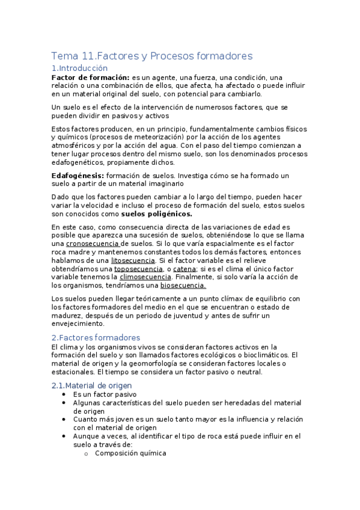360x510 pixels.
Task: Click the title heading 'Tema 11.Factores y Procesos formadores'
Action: click(x=152, y=56)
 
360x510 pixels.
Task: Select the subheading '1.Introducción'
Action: click(x=79, y=69)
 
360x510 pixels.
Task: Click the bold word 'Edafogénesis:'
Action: click(x=78, y=175)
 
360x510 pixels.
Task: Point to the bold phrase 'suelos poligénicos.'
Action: click(x=156, y=214)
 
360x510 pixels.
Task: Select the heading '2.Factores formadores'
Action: click(x=96, y=337)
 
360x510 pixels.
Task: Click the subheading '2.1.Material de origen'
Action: click(x=91, y=386)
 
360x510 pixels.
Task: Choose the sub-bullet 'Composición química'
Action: click(x=130, y=453)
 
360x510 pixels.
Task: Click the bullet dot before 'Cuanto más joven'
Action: click(x=64, y=420)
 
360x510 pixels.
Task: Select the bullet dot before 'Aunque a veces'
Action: click(x=64, y=437)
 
